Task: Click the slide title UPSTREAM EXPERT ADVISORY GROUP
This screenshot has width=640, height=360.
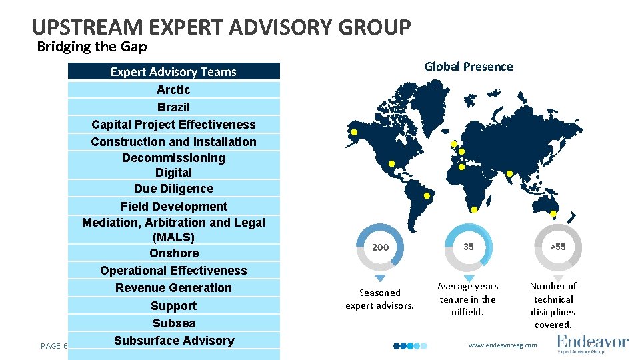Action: [221, 27]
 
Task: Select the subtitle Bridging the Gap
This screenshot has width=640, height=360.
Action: [92, 47]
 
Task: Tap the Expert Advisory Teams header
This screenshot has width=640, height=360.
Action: [173, 71]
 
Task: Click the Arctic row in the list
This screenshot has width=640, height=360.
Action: [173, 89]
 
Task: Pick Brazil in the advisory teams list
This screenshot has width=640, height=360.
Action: [173, 107]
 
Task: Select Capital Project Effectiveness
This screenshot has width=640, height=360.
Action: [173, 124]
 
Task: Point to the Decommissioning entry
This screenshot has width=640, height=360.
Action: [173, 158]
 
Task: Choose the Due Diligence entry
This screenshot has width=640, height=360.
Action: [173, 189]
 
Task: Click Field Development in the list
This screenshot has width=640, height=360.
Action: [173, 207]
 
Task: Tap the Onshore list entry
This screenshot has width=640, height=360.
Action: [173, 253]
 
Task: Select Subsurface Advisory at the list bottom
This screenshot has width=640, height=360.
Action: [173, 341]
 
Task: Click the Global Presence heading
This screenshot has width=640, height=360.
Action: [469, 66]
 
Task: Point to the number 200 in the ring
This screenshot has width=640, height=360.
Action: [380, 247]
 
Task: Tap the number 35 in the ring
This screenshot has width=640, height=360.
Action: [469, 247]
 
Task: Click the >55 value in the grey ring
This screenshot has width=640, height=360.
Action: [558, 247]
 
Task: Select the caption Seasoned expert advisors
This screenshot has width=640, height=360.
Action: [379, 299]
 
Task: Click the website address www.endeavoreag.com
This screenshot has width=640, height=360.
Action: [503, 345]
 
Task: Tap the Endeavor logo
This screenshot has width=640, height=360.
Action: [592, 343]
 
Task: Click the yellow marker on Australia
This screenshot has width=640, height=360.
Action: [553, 214]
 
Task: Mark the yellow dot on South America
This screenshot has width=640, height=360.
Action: [427, 196]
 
